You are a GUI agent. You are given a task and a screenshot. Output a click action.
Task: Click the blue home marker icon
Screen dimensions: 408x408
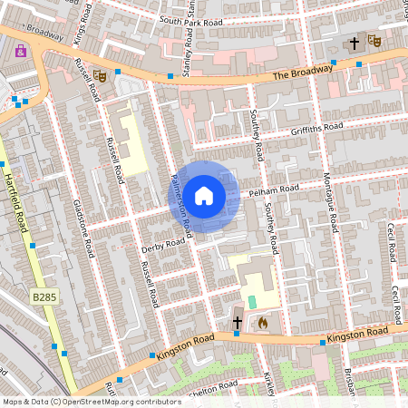tap(204, 196)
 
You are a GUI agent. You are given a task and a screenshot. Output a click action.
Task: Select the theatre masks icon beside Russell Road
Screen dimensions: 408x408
tap(102, 78)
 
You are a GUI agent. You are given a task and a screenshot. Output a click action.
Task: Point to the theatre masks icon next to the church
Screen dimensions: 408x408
tap(374, 42)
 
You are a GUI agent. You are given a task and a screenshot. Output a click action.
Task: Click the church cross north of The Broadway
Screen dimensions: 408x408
tap(355, 43)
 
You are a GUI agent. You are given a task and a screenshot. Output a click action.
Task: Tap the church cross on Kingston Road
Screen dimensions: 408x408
tap(237, 322)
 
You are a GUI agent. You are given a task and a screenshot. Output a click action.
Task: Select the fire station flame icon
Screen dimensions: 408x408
tap(263, 321)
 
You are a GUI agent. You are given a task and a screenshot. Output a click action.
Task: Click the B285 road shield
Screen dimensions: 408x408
tap(42, 296)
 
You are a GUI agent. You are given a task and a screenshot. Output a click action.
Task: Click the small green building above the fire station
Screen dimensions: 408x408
tap(252, 299)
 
